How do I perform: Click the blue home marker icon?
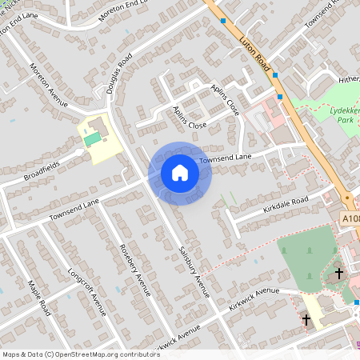(180, 173)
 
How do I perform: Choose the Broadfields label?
(41, 177)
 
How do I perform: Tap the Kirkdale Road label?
(286, 205)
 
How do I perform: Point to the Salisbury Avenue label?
(193, 269)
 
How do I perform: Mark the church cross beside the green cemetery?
(338, 274)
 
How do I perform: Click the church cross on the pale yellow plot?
(306, 320)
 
